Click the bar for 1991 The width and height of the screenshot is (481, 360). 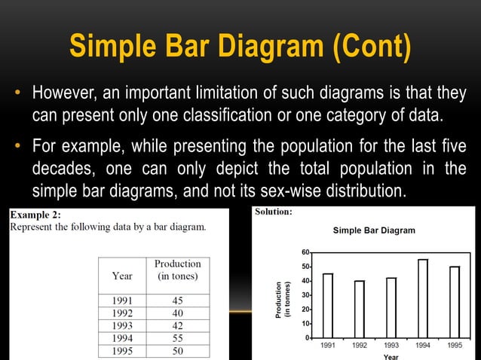pos(328,305)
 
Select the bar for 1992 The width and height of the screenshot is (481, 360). pos(360,309)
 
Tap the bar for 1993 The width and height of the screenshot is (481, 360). pos(391,307)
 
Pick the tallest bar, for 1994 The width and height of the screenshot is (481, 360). pos(423,298)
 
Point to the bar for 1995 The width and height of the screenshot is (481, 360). pos(455,301)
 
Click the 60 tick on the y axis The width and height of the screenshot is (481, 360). pos(305,252)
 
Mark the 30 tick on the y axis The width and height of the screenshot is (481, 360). pos(305,295)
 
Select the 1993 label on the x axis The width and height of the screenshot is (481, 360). pos(391,346)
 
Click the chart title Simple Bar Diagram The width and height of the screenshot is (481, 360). pos(373,230)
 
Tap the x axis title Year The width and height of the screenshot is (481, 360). pos(391,356)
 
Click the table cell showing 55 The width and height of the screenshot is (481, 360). pos(177,339)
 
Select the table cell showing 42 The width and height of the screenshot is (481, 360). pos(177,326)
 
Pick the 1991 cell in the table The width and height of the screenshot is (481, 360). pos(122,301)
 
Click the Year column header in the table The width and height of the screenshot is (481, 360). pos(122,276)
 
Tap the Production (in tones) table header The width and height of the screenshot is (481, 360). pos(177,270)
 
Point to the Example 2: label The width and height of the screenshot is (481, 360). pos(35,215)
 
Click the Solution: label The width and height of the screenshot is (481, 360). pos(273,212)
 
